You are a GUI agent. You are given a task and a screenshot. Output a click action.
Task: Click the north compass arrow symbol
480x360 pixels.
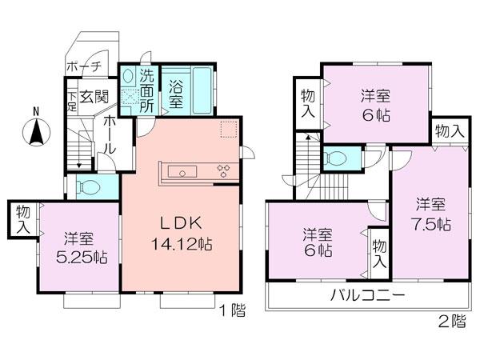pyautogui.click(x=36, y=129)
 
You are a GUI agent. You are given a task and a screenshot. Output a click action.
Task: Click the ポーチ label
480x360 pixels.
pyautogui.click(x=83, y=66)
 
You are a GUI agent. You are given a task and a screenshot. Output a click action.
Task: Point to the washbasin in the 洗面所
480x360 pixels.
pyautogui.click(x=129, y=78)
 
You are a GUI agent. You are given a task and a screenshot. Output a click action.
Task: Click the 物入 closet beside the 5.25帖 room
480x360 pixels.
pyautogui.click(x=23, y=218)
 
